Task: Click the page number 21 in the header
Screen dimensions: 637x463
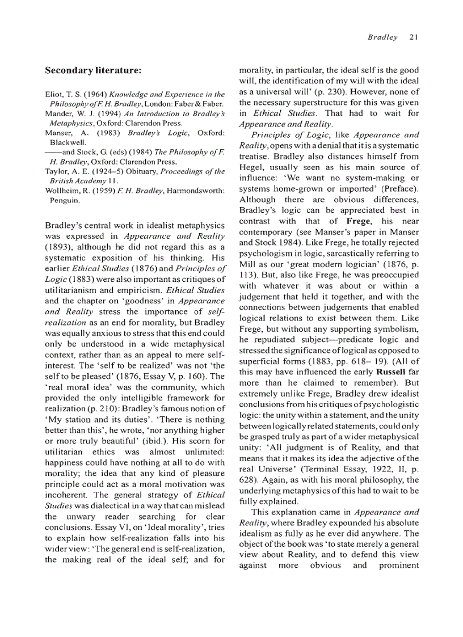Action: click(x=413, y=37)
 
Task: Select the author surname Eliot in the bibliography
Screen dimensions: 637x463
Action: click(x=54, y=94)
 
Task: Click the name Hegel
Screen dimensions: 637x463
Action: click(x=252, y=167)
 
